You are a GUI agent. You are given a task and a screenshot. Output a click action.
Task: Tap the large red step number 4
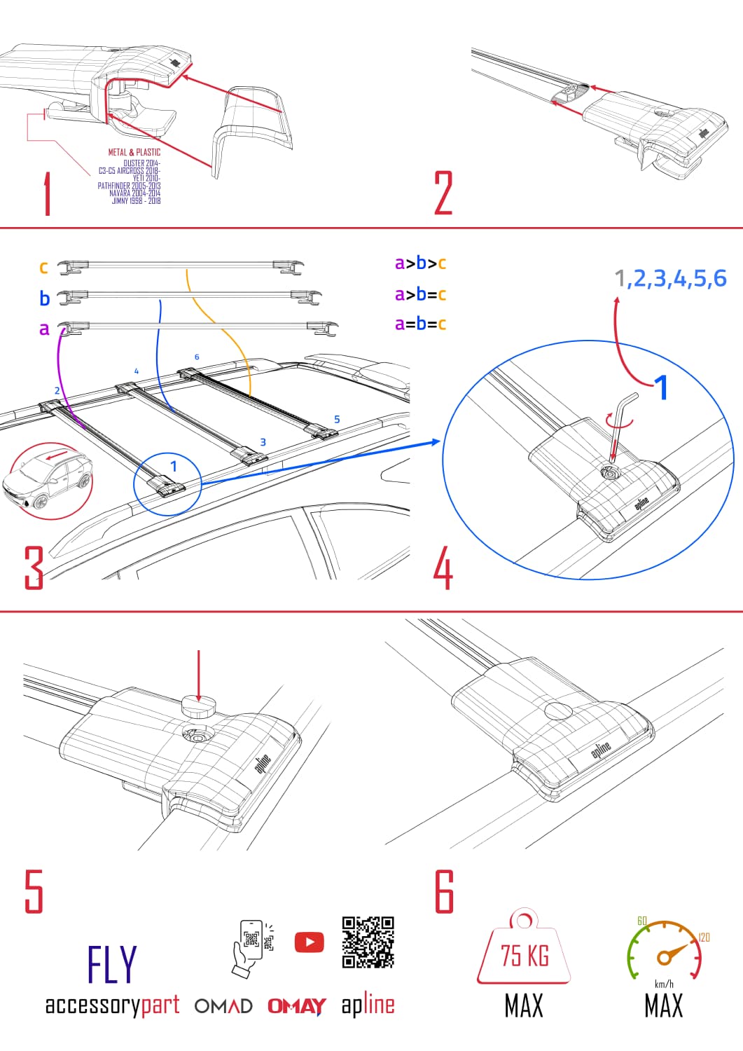point(443,568)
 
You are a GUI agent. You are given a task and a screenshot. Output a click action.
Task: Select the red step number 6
point(444,891)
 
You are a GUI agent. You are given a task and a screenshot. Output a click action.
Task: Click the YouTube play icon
point(309,942)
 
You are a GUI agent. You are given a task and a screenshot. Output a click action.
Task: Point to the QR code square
point(368,942)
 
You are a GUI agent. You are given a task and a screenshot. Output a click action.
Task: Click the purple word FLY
point(112,965)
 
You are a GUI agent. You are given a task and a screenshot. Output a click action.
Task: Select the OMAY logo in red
point(296,1006)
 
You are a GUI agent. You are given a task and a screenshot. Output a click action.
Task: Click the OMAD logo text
point(223,1006)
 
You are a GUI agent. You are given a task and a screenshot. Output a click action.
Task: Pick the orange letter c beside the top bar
point(43,267)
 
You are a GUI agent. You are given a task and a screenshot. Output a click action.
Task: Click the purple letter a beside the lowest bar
point(44,328)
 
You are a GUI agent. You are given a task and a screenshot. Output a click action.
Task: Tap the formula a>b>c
point(420,263)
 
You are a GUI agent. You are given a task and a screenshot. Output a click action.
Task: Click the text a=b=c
point(420,324)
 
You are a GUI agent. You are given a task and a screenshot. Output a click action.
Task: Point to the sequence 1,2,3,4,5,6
point(670,279)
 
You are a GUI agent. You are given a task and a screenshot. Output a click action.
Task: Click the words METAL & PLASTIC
point(134,152)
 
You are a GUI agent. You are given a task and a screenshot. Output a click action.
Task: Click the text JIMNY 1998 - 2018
point(136,201)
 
